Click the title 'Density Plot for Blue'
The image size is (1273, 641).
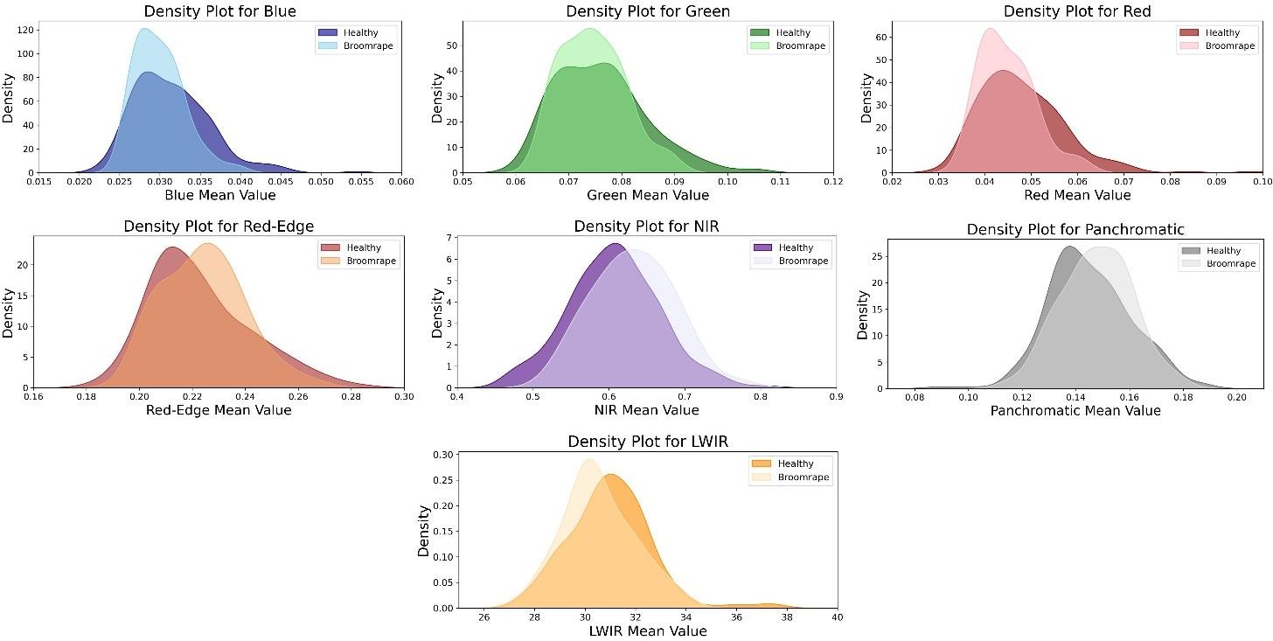click(220, 11)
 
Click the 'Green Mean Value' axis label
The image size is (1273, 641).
click(648, 195)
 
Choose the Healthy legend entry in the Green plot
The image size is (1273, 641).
click(792, 33)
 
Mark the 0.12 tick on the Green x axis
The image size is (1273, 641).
click(833, 181)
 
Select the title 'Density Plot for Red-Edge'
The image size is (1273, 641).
click(219, 226)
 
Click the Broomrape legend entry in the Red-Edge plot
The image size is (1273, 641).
click(371, 261)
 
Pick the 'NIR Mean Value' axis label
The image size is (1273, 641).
click(647, 410)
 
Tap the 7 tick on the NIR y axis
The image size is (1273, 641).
click(448, 238)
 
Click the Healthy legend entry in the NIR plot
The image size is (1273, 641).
click(795, 248)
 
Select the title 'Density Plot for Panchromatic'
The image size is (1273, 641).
click(1075, 229)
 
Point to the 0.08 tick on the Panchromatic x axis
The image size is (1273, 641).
click(915, 397)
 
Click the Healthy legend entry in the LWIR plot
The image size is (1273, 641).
click(795, 464)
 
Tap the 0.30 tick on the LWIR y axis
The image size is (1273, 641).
click(443, 455)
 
